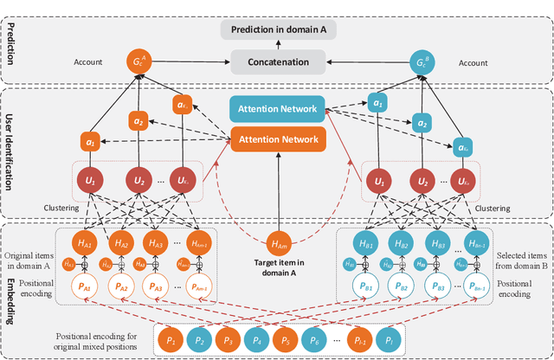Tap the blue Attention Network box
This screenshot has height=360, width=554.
coord(277,109)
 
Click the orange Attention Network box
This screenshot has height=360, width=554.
coord(277,137)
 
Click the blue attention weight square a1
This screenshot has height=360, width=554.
coord(377,102)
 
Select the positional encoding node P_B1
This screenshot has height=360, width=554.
coord(364,288)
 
